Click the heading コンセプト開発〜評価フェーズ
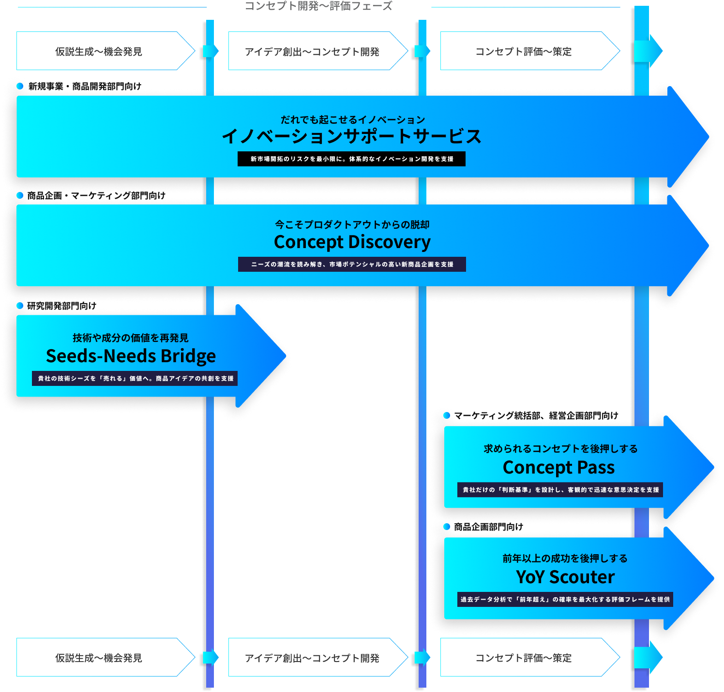click(x=318, y=6)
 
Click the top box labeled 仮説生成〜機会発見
click(x=99, y=51)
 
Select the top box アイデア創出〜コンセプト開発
click(x=312, y=51)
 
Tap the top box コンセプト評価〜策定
click(x=524, y=51)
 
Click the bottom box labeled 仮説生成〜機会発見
click(x=99, y=658)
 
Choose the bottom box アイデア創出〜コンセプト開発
click(x=312, y=658)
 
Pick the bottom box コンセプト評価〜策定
click(x=524, y=658)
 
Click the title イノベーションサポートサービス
click(x=352, y=136)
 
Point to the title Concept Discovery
click(x=352, y=242)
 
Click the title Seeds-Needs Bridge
click(x=131, y=356)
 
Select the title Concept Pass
click(x=558, y=468)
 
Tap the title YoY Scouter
click(x=565, y=577)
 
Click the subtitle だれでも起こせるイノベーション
click(x=352, y=119)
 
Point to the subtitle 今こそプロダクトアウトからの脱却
click(x=352, y=224)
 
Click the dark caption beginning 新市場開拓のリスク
click(x=352, y=159)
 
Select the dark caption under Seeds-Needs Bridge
click(x=135, y=379)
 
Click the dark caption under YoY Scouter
click(x=565, y=600)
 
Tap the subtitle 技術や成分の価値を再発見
click(x=131, y=338)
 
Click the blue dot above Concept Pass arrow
click(x=447, y=415)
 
